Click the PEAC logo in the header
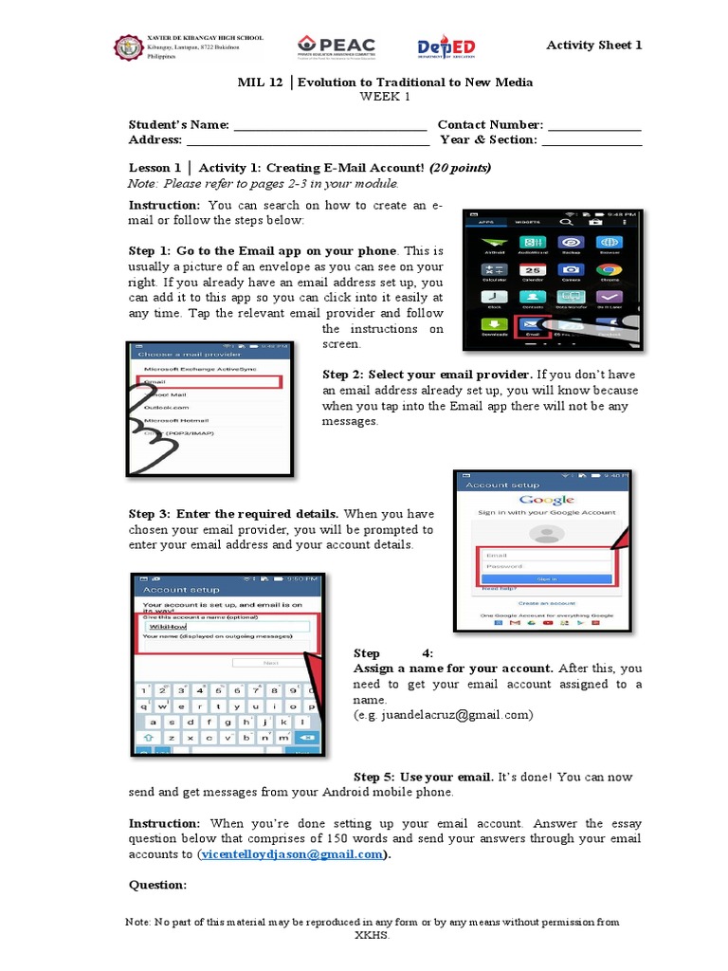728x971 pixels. [337, 46]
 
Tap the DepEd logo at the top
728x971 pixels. [446, 47]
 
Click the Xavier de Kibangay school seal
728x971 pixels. [127, 47]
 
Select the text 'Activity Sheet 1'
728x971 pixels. [594, 45]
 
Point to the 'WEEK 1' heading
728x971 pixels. [384, 97]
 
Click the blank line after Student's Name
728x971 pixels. [330, 126]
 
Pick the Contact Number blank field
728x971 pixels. [594, 126]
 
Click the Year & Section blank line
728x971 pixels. [591, 141]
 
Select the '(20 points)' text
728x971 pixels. [460, 168]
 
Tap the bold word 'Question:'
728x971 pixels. [157, 885]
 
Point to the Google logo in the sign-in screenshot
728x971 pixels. [547, 500]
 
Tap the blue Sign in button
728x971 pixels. [546, 578]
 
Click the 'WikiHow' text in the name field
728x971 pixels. [168, 627]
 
